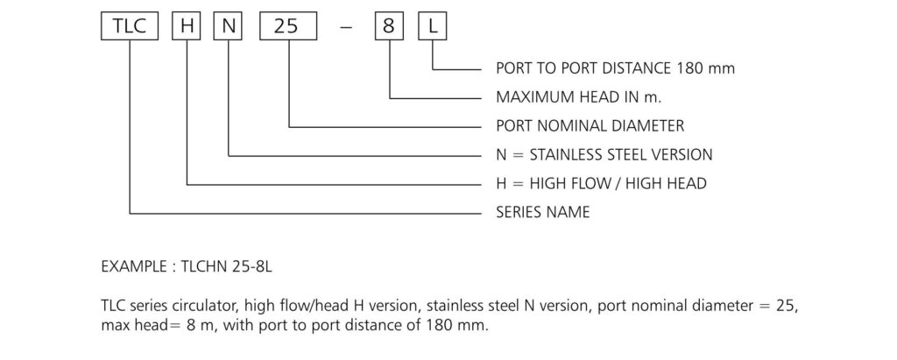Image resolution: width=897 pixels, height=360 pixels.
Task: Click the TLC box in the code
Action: [128, 26]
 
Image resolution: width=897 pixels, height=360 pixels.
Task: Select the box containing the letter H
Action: [187, 26]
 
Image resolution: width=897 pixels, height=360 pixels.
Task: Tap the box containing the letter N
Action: [229, 26]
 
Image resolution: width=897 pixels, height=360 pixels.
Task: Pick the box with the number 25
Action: [286, 26]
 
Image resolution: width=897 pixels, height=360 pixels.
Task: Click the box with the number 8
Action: [388, 26]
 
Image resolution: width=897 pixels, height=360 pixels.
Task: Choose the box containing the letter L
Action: [434, 26]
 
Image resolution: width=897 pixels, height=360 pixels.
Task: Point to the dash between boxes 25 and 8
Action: [343, 27]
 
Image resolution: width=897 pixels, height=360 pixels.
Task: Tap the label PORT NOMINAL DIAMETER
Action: [590, 125]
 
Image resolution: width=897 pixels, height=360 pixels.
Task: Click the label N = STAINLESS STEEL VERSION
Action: [604, 154]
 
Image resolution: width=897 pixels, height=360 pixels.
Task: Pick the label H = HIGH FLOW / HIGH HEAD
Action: [601, 183]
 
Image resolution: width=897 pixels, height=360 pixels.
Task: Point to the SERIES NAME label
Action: [542, 212]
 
